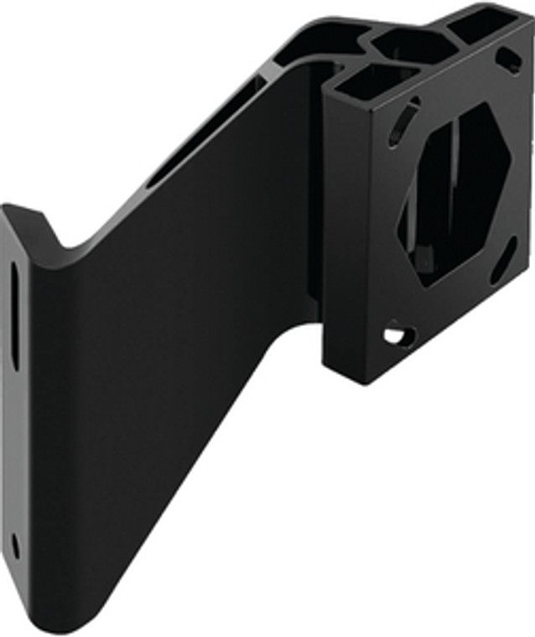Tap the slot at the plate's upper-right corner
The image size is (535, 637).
(510, 60)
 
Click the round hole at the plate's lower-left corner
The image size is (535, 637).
(397, 336)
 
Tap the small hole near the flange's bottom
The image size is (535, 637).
(15, 546)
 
